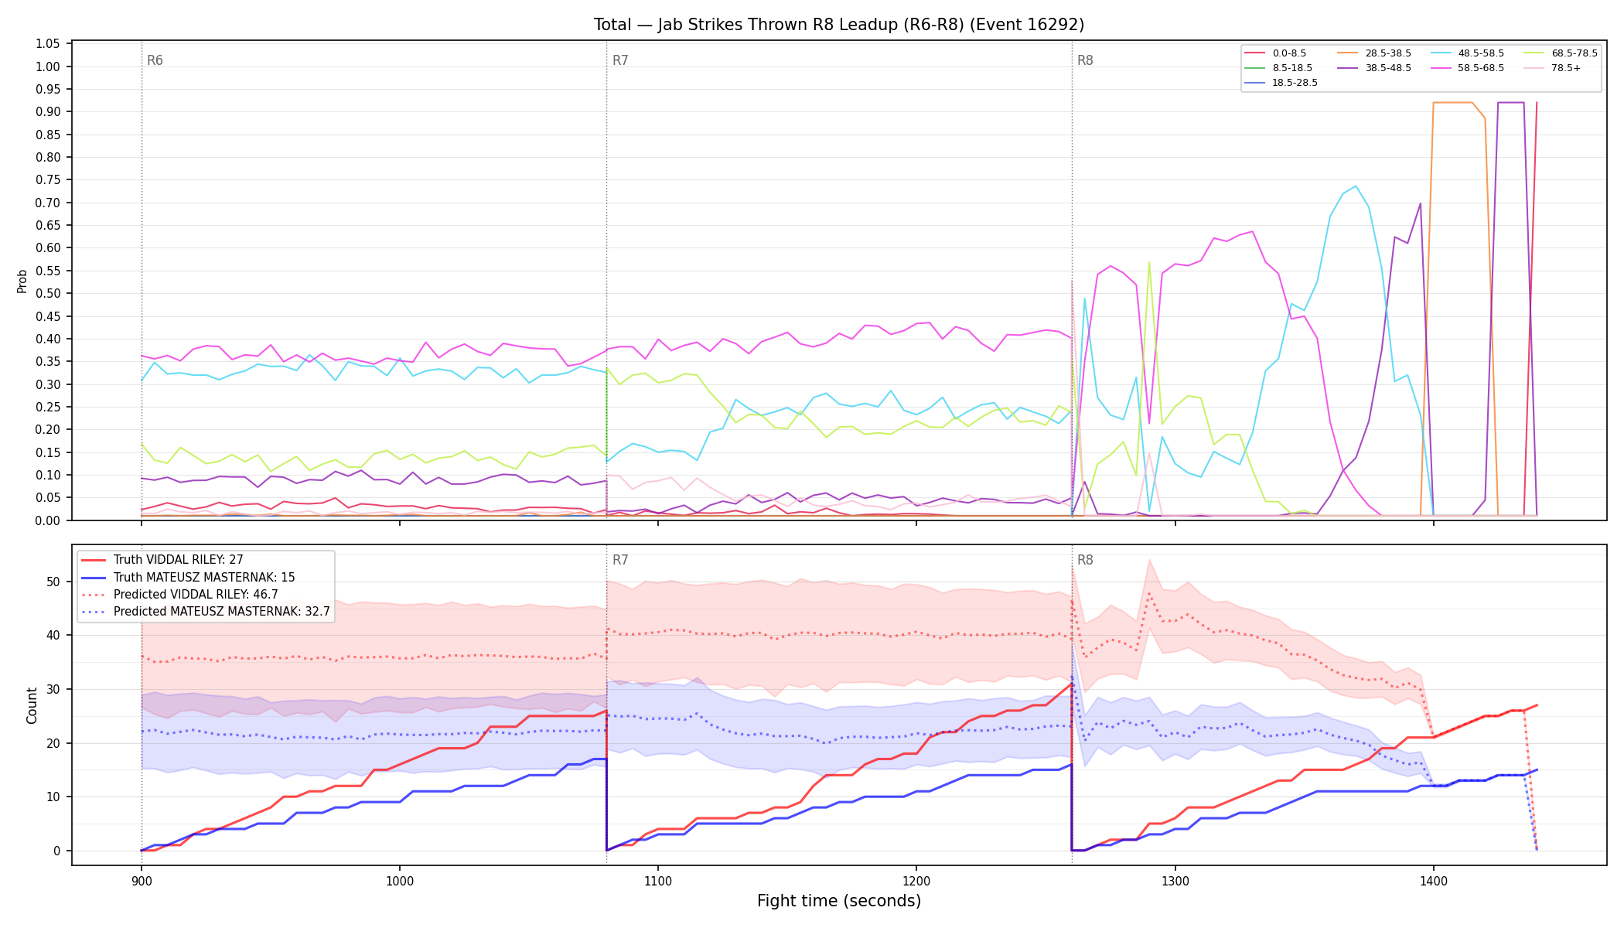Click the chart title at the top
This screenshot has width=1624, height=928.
[839, 25]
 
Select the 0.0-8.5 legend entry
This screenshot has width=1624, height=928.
[1275, 53]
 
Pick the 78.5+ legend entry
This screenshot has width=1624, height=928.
[1553, 68]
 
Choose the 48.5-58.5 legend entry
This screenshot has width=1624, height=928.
[1467, 53]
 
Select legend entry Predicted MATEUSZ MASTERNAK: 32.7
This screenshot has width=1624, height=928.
[206, 612]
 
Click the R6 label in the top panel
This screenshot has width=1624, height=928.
[155, 60]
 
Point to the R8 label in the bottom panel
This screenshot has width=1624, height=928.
[1085, 560]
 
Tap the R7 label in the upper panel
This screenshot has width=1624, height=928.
[620, 60]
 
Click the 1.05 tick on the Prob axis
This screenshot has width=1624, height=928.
[48, 44]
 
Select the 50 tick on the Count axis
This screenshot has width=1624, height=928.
[53, 582]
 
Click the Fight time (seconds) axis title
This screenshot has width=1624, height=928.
[839, 901]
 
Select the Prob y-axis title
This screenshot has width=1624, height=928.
[22, 281]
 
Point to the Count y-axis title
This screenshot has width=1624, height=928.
[32, 705]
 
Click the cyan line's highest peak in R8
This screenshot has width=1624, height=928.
[1356, 186]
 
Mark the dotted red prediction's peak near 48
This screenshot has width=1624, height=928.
[1149, 593]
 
